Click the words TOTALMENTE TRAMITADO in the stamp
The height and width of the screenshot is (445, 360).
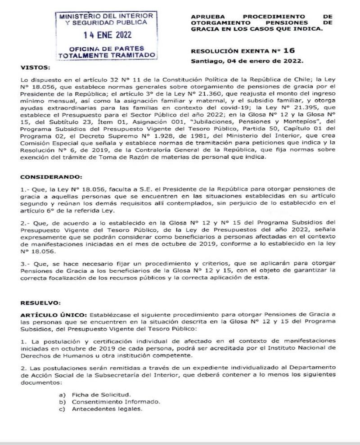point(105,55)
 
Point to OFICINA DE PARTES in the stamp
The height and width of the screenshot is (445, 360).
point(105,49)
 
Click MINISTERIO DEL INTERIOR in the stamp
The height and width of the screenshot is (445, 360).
point(105,16)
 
